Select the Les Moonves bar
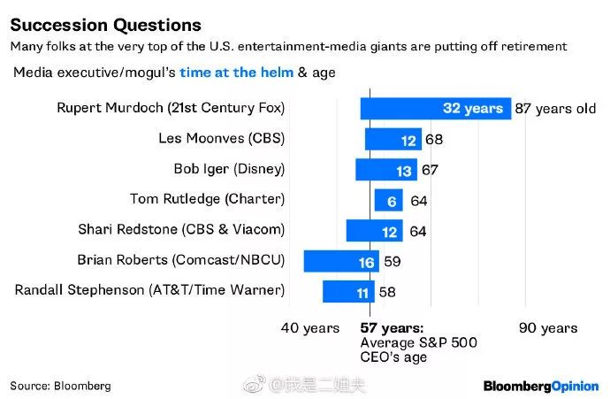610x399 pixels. click(393, 139)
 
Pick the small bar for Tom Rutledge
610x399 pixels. click(388, 201)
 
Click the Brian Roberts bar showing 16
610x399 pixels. click(340, 261)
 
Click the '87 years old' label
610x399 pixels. click(554, 109)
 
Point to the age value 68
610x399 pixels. click(433, 139)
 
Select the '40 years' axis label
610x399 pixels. click(310, 328)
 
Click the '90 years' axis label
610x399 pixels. click(548, 328)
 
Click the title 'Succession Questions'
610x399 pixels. click(105, 24)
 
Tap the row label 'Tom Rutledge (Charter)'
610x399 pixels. click(207, 200)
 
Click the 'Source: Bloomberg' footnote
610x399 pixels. click(60, 386)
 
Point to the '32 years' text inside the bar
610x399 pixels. click(473, 109)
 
